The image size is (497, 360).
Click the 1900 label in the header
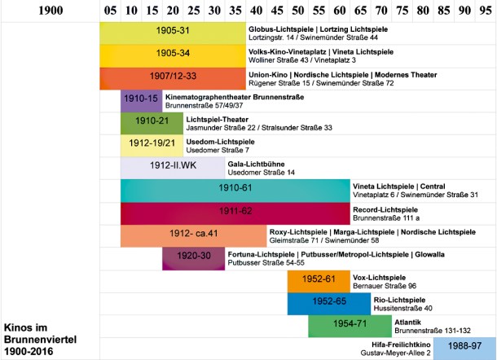pyautogui.click(x=51, y=11)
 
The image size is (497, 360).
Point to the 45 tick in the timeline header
pyautogui.click(x=277, y=11)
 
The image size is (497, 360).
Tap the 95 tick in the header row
pyautogui.click(x=486, y=11)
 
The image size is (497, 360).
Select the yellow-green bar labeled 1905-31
pyautogui.click(x=173, y=33)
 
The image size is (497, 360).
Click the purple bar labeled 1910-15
pyautogui.click(x=142, y=101)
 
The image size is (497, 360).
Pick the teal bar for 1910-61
pyautogui.click(x=235, y=191)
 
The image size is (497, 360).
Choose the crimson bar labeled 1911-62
pyautogui.click(x=235, y=213)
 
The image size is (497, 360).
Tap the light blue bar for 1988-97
pyautogui.click(x=464, y=349)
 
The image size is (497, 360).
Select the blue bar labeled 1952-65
pyautogui.click(x=329, y=304)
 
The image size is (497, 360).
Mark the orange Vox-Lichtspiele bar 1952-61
pyautogui.click(x=319, y=282)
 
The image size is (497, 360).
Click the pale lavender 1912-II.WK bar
pyautogui.click(x=173, y=168)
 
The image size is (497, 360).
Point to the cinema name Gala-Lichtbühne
pyautogui.click(x=256, y=165)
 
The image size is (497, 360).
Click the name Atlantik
pyautogui.click(x=407, y=323)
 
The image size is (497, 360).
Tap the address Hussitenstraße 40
pyautogui.click(x=402, y=309)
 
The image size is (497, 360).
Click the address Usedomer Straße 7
pyautogui.click(x=218, y=150)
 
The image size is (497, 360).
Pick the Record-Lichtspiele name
pyautogui.click(x=385, y=210)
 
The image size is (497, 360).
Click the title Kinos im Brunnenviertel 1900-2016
pyautogui.click(x=40, y=340)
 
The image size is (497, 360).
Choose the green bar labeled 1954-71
pyautogui.click(x=350, y=326)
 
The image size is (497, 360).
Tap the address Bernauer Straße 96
pyautogui.click(x=385, y=286)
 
